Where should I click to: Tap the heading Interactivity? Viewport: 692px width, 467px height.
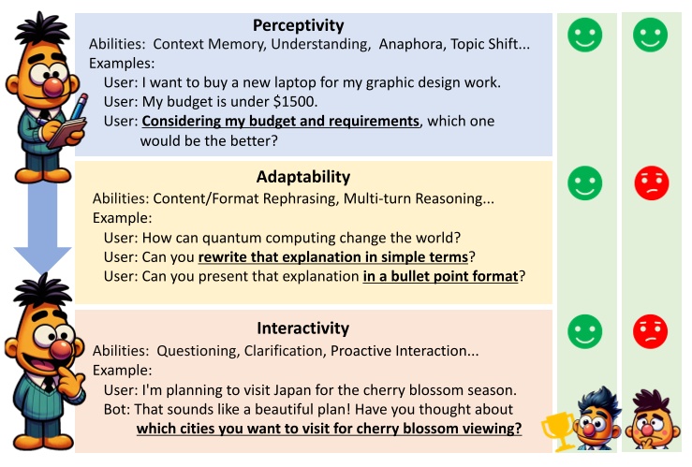(x=302, y=328)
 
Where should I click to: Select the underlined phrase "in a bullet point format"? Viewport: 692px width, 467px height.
(x=439, y=276)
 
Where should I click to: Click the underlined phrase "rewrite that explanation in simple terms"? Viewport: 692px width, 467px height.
(x=332, y=257)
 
